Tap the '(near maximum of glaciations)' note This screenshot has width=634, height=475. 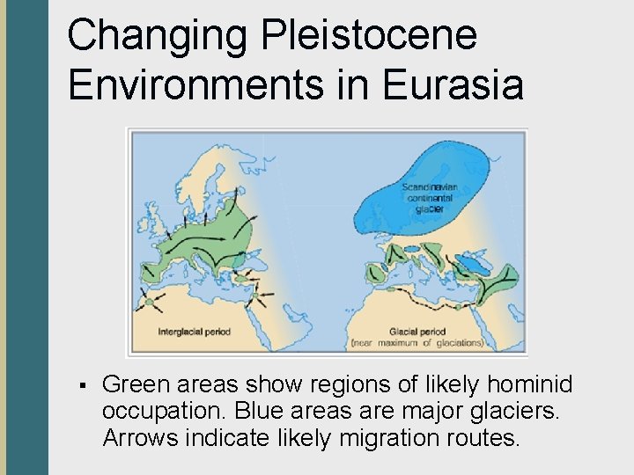[x=417, y=342]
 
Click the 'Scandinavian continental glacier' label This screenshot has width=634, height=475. [x=426, y=198]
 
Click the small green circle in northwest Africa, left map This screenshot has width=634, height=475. [x=150, y=303]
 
